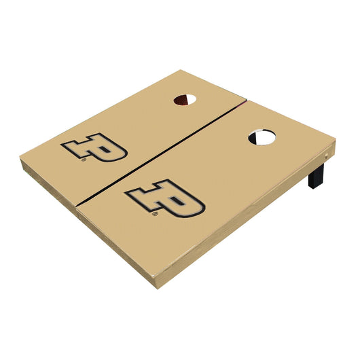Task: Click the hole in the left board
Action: click(185, 100)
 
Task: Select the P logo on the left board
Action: click(94, 147)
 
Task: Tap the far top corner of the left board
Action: click(179, 70)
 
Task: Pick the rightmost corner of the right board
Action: click(336, 141)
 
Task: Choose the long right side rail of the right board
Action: click(251, 217)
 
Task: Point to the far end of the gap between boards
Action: click(246, 101)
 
